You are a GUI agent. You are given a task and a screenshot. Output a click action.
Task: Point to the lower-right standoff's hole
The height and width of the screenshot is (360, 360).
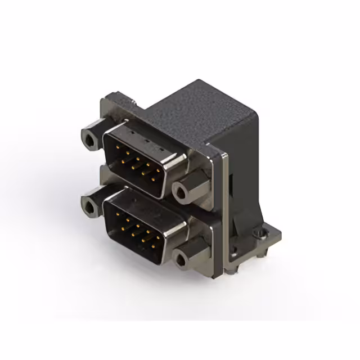pyautogui.click(x=181, y=259)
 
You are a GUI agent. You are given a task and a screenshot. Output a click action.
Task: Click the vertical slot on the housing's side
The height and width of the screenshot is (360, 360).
pyautogui.click(x=231, y=186)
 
